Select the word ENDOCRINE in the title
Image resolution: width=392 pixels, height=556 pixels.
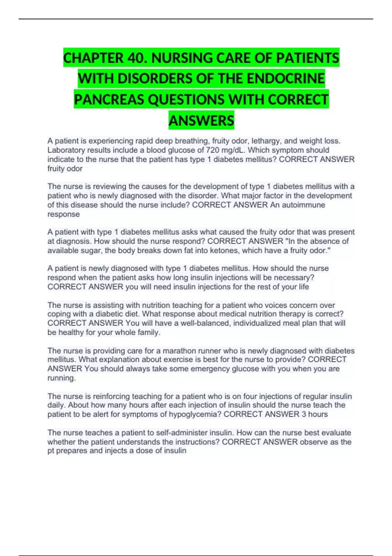click(286, 79)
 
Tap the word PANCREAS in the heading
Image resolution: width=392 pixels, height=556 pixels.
click(109, 100)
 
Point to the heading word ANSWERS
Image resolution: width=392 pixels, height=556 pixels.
click(201, 121)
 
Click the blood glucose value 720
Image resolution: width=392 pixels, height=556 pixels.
click(212, 150)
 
